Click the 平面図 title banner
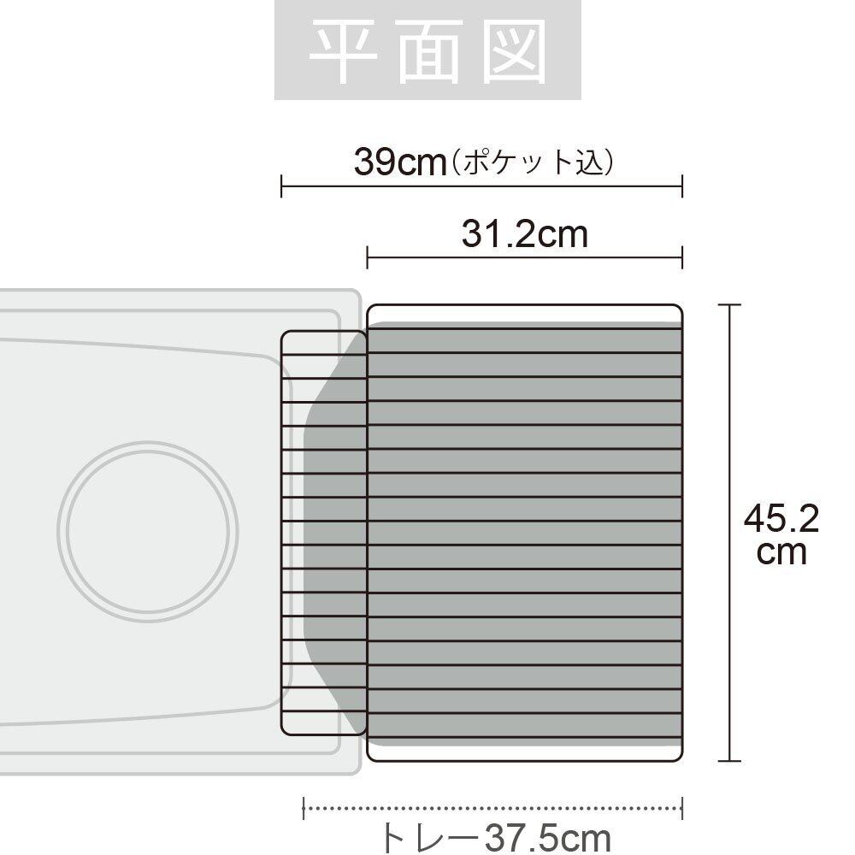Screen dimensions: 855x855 (x=427, y=50)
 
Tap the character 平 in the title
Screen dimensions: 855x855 (x=343, y=51)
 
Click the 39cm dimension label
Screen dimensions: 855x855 (x=400, y=162)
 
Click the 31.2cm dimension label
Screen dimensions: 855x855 (x=525, y=234)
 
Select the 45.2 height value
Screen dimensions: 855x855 (x=781, y=519)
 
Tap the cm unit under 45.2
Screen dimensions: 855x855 (x=781, y=552)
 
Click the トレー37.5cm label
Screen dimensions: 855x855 (x=493, y=838)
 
